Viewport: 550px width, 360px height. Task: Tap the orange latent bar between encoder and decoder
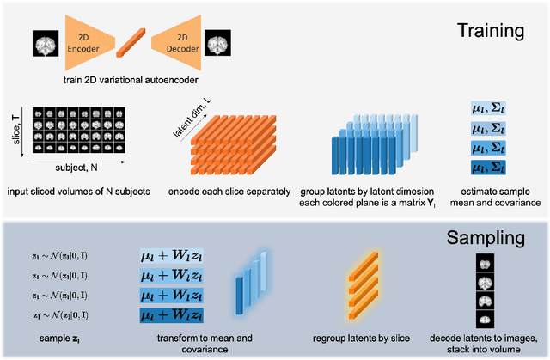(131, 43)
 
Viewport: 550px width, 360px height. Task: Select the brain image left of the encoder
(44, 44)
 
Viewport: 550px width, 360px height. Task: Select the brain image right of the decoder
(218, 43)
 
